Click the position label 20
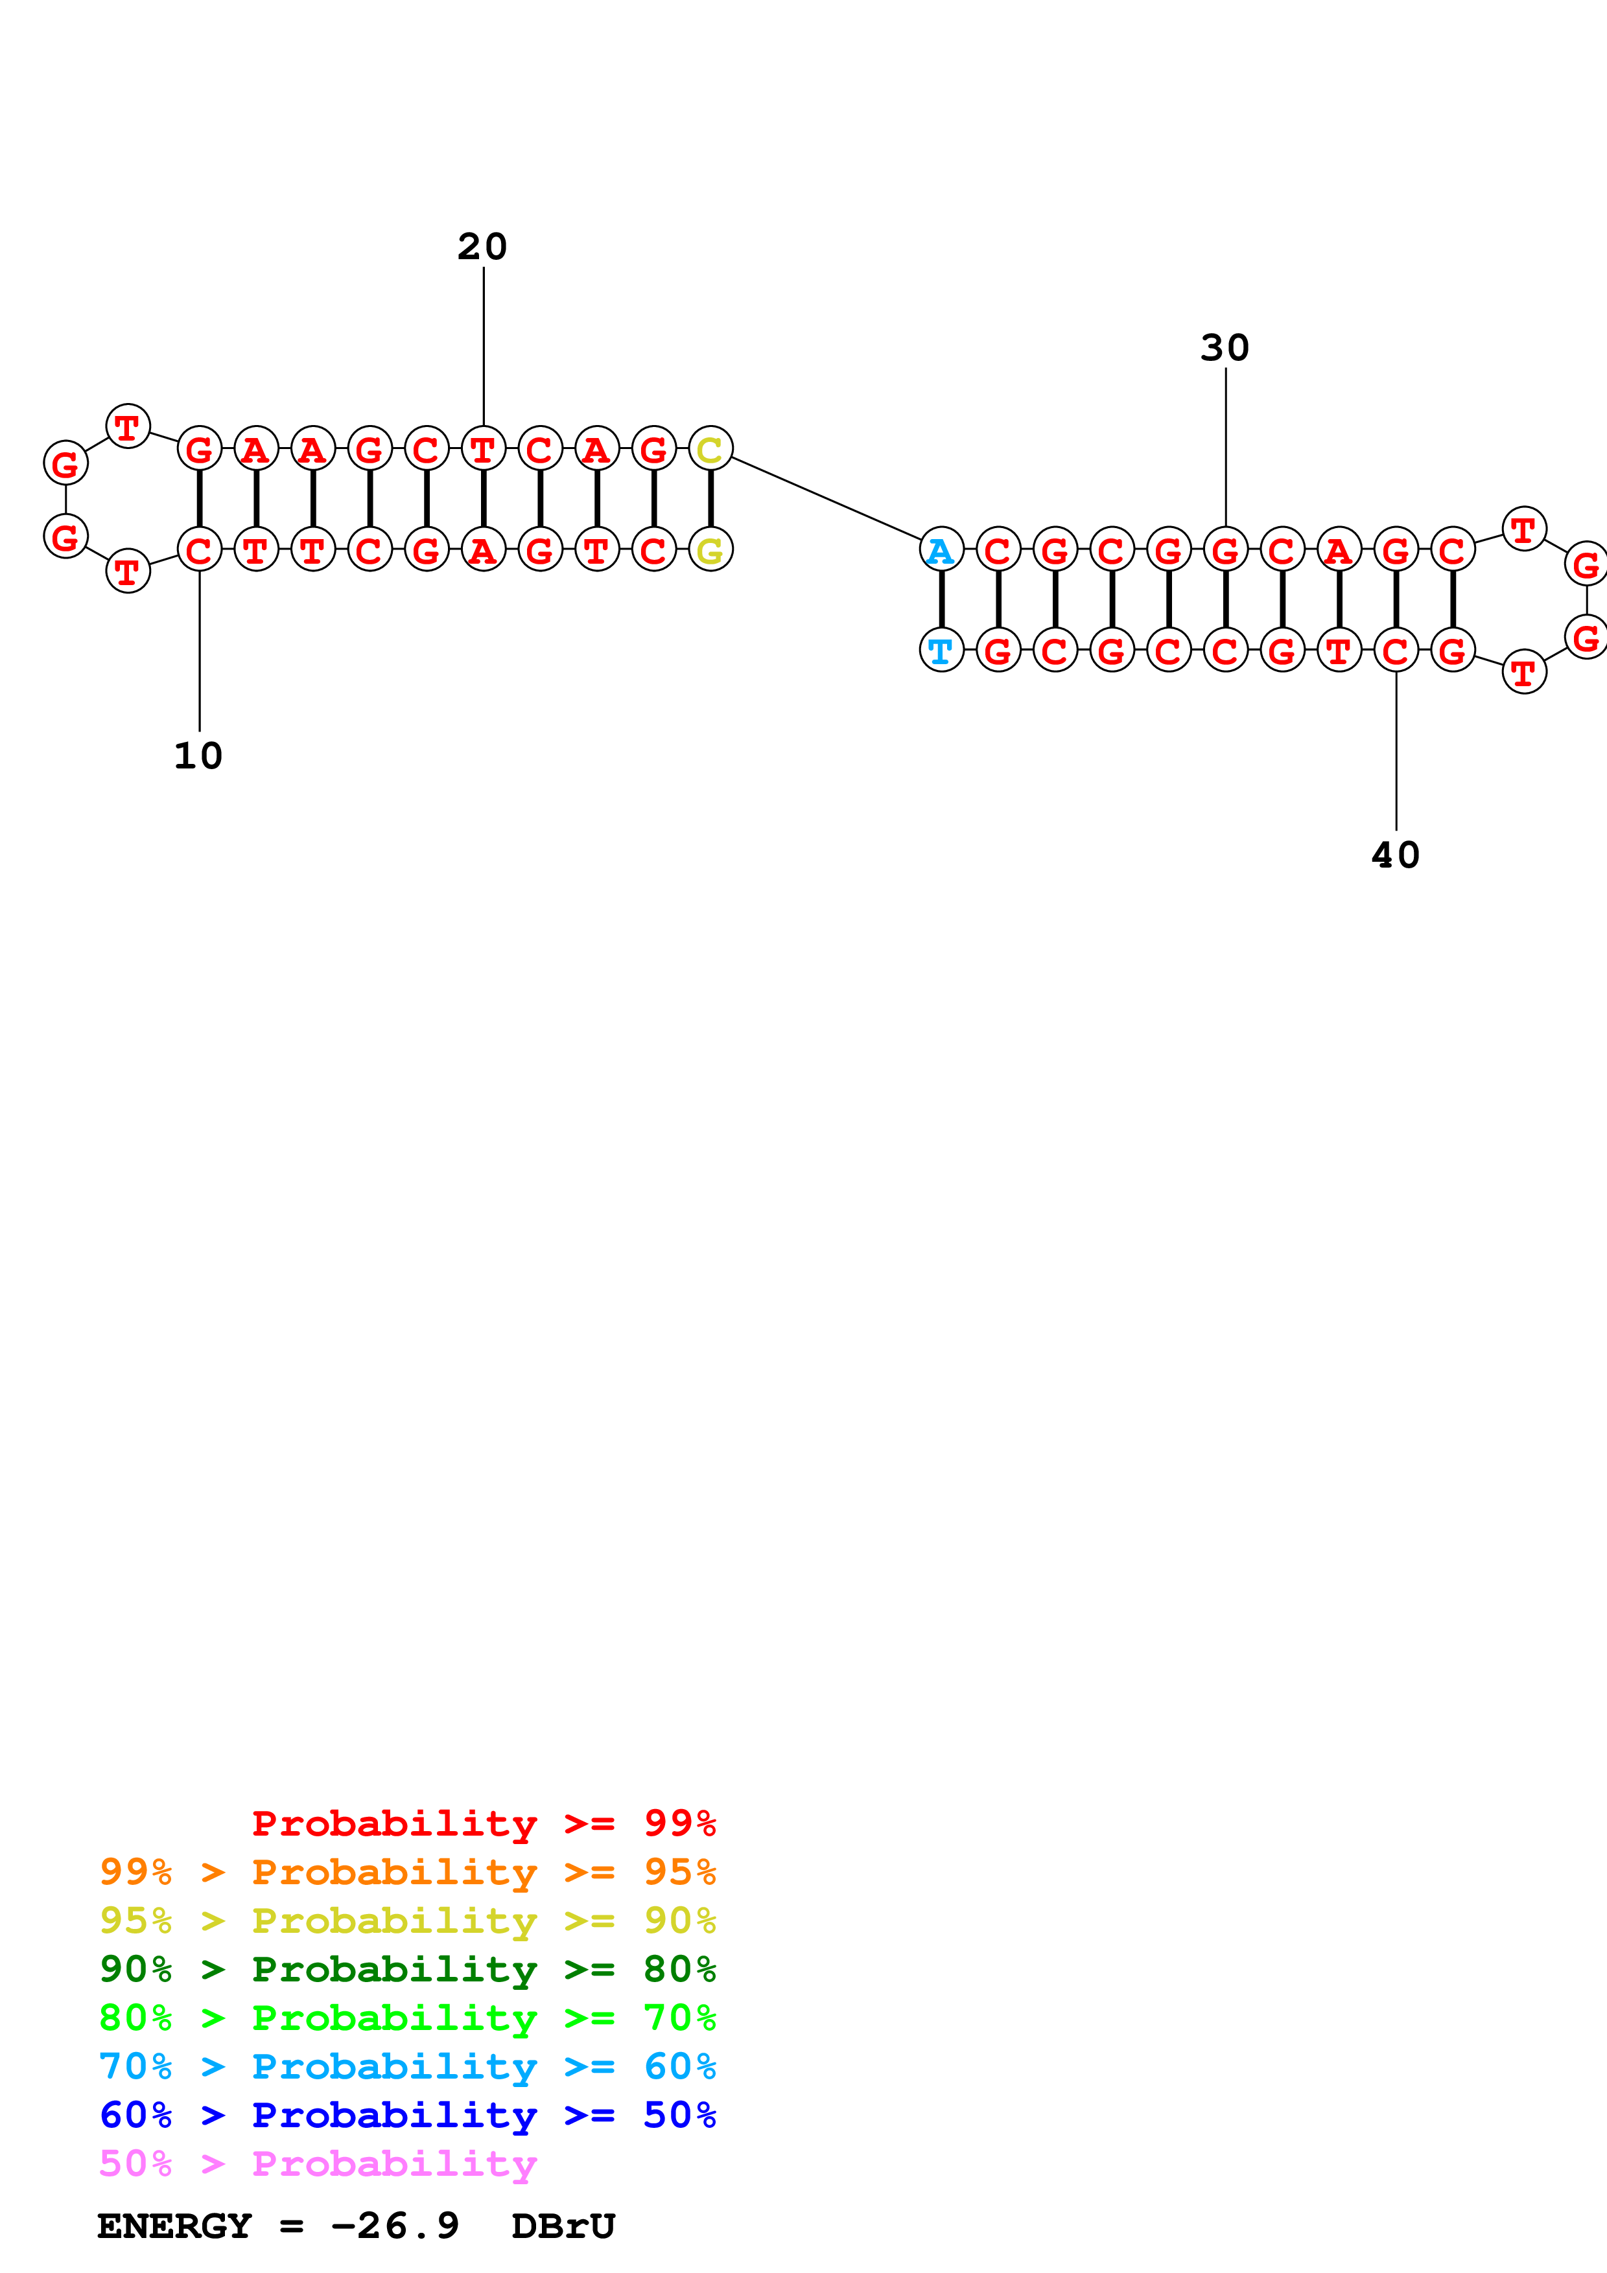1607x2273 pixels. click(x=482, y=246)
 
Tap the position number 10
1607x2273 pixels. click(x=198, y=756)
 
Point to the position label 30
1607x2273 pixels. click(x=1225, y=347)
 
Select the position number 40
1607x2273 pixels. click(x=1395, y=855)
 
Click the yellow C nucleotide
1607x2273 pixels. click(x=710, y=450)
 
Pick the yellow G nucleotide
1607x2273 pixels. click(x=710, y=550)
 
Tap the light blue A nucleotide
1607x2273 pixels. click(x=941, y=550)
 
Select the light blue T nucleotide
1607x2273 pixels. click(x=941, y=651)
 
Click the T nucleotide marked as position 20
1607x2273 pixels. click(x=483, y=450)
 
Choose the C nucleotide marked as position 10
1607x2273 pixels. click(x=199, y=550)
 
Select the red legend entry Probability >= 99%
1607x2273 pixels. click(x=483, y=1823)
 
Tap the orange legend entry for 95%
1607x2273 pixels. click(x=407, y=1871)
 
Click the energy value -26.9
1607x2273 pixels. click(x=394, y=2226)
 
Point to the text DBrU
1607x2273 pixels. click(x=563, y=2226)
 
